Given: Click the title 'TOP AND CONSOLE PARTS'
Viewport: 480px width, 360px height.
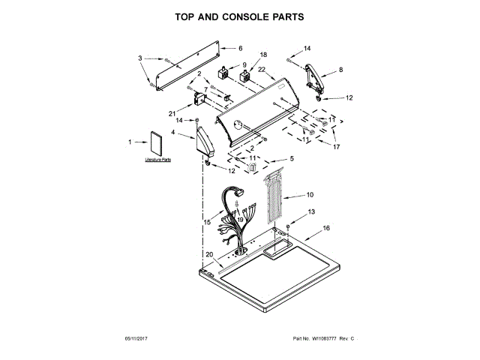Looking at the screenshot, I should click(x=239, y=16).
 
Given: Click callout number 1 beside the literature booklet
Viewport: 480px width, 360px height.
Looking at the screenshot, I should click(x=130, y=142).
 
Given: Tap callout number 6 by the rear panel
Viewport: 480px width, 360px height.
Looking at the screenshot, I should click(x=241, y=49).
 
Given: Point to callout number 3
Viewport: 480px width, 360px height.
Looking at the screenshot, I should click(x=140, y=58).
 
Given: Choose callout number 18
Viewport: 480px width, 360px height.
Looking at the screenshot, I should click(x=262, y=55).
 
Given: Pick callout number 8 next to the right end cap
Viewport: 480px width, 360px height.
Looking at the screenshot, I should click(x=341, y=69).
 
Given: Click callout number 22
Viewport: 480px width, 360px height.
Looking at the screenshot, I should click(x=262, y=70).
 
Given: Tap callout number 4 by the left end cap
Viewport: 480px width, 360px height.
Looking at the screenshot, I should click(x=173, y=133).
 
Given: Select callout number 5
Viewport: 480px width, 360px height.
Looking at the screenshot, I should click(x=292, y=160).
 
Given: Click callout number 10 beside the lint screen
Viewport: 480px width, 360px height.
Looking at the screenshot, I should click(x=310, y=195).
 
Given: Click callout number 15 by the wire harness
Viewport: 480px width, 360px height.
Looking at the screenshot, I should click(x=207, y=222).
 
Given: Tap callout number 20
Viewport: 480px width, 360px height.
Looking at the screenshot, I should click(x=209, y=255).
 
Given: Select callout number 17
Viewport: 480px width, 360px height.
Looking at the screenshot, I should click(x=337, y=147).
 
